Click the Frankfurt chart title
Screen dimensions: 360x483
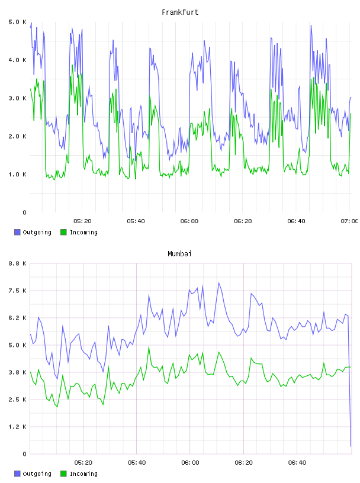pyautogui.click(x=180, y=12)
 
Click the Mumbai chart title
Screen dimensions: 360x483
pyautogui.click(x=179, y=254)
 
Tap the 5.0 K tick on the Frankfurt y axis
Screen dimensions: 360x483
pyautogui.click(x=18, y=22)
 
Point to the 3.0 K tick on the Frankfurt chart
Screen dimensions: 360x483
pyautogui.click(x=18, y=98)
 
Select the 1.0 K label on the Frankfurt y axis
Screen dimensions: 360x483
pyautogui.click(x=18, y=175)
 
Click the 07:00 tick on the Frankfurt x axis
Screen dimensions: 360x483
pyautogui.click(x=349, y=221)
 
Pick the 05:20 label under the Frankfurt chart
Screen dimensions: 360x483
pyautogui.click(x=83, y=221)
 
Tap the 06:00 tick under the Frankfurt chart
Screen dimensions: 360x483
pyautogui.click(x=189, y=221)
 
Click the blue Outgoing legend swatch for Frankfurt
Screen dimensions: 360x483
pyautogui.click(x=17, y=232)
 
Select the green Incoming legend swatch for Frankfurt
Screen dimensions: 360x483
pyautogui.click(x=63, y=232)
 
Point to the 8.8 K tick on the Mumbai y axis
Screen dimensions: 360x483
pyautogui.click(x=18, y=263)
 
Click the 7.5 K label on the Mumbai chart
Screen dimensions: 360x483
pyautogui.click(x=18, y=291)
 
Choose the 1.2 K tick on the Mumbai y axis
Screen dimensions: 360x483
pyautogui.click(x=18, y=427)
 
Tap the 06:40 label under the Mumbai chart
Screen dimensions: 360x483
pyautogui.click(x=297, y=463)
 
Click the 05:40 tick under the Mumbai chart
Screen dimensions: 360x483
pyautogui.click(x=137, y=463)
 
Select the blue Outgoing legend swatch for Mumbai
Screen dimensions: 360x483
pyautogui.click(x=17, y=474)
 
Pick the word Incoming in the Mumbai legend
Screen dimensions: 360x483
pyautogui.click(x=83, y=474)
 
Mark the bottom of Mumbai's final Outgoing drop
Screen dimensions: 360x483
pyautogui.click(x=351, y=446)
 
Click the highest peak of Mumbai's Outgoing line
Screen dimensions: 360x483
pyautogui.click(x=219, y=282)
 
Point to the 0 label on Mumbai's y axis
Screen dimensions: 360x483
pyautogui.click(x=25, y=454)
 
